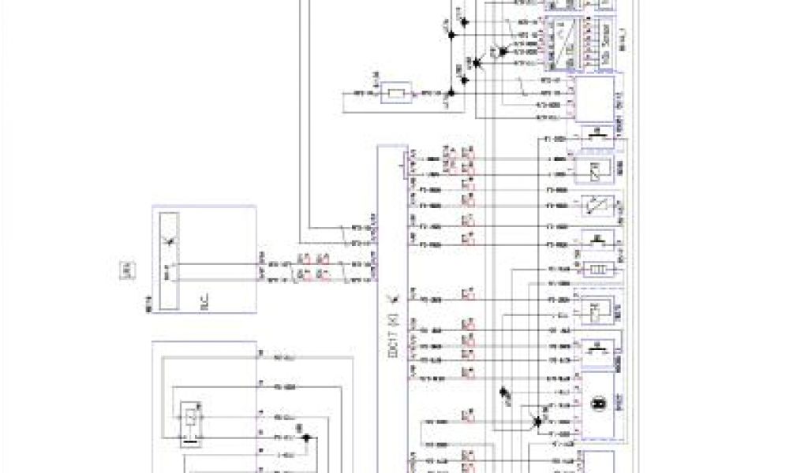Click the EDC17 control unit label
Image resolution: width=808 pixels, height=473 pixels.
[x=392, y=336]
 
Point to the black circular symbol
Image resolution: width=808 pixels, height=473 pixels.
[x=599, y=404]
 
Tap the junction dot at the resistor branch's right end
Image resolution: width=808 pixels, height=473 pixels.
[x=448, y=96]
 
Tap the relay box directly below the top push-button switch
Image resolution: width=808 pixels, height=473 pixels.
[x=597, y=167]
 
